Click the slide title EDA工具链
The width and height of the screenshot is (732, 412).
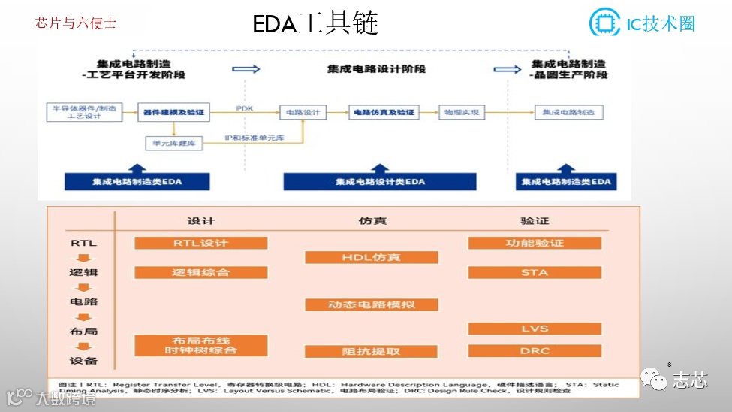tap(315, 23)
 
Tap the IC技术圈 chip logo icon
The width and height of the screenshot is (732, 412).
tap(604, 23)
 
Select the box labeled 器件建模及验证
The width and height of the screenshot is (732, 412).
tap(173, 113)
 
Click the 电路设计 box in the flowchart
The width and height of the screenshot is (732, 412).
tap(303, 113)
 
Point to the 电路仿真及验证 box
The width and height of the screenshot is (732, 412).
tap(384, 113)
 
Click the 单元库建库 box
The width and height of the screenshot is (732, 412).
tap(173, 143)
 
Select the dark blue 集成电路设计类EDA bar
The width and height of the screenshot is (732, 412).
tap(380, 181)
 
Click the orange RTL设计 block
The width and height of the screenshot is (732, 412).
tap(201, 243)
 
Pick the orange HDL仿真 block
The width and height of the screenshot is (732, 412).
tap(372, 257)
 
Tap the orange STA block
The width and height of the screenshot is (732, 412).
tap(535, 272)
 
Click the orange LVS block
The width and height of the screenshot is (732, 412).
tap(535, 329)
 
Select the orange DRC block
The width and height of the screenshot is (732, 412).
tap(535, 350)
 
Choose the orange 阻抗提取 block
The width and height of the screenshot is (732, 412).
tap(372, 351)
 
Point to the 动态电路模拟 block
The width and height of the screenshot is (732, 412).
tap(372, 304)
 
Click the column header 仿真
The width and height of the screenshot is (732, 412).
tap(372, 221)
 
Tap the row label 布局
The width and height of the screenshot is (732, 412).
tap(83, 331)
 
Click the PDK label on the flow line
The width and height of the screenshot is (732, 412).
tap(245, 108)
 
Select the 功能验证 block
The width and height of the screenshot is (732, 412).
tap(535, 243)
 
